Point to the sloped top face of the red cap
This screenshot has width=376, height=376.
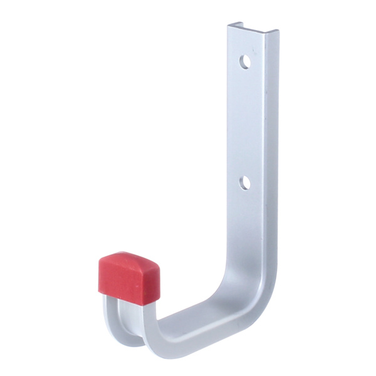click(132, 259)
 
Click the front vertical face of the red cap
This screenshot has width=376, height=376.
click(122, 282)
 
